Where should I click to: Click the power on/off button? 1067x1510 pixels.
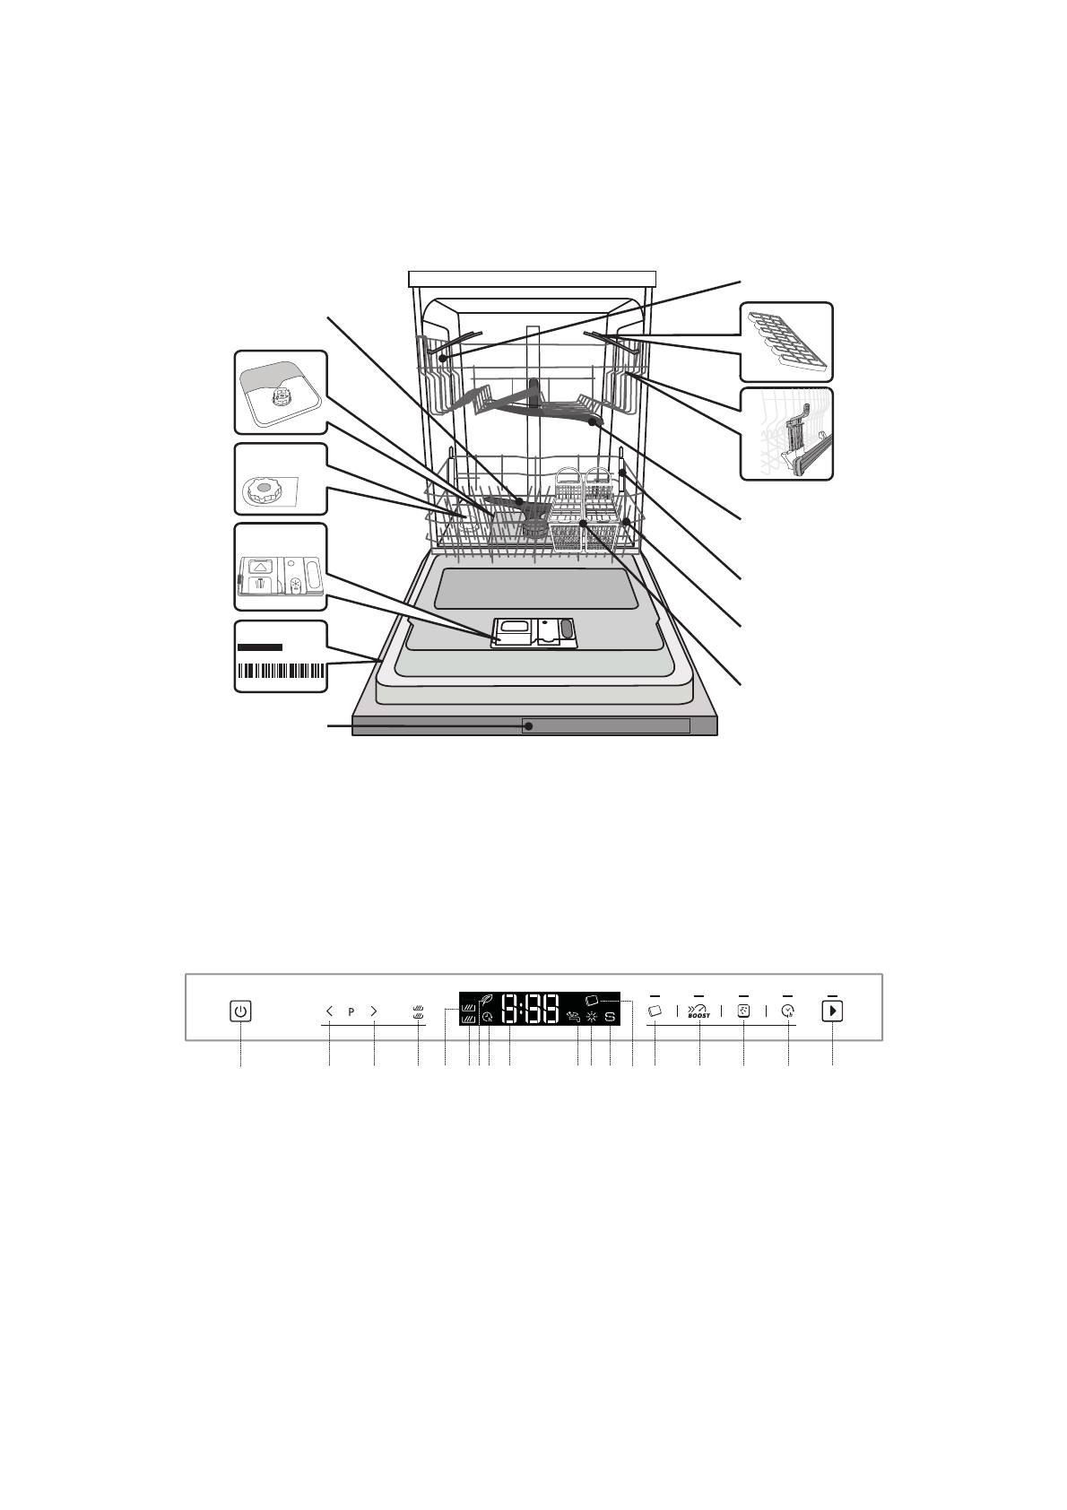pyautogui.click(x=240, y=1011)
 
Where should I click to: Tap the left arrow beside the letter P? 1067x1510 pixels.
pyautogui.click(x=329, y=1011)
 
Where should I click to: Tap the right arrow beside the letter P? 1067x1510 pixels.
pyautogui.click(x=374, y=1011)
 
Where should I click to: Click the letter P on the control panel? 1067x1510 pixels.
pyautogui.click(x=351, y=1011)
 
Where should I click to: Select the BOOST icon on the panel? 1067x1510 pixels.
pyautogui.click(x=698, y=1011)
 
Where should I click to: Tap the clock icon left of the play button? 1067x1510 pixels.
pyautogui.click(x=787, y=1011)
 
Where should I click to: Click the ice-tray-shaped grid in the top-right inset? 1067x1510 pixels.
pyautogui.click(x=785, y=341)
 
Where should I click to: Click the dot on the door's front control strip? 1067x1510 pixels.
pyautogui.click(x=528, y=726)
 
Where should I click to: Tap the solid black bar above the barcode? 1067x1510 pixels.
pyautogui.click(x=260, y=647)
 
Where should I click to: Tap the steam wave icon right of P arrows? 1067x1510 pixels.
pyautogui.click(x=418, y=1011)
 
